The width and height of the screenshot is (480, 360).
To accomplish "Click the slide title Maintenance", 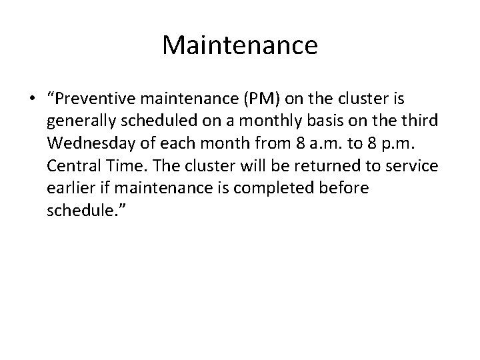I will click(239, 45).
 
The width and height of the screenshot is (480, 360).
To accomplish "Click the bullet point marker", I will click(32, 100).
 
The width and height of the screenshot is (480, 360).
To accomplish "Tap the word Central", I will click(73, 166).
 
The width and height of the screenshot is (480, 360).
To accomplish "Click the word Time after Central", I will click(122, 166).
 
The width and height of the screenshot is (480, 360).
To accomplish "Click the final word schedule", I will click(81, 210).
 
